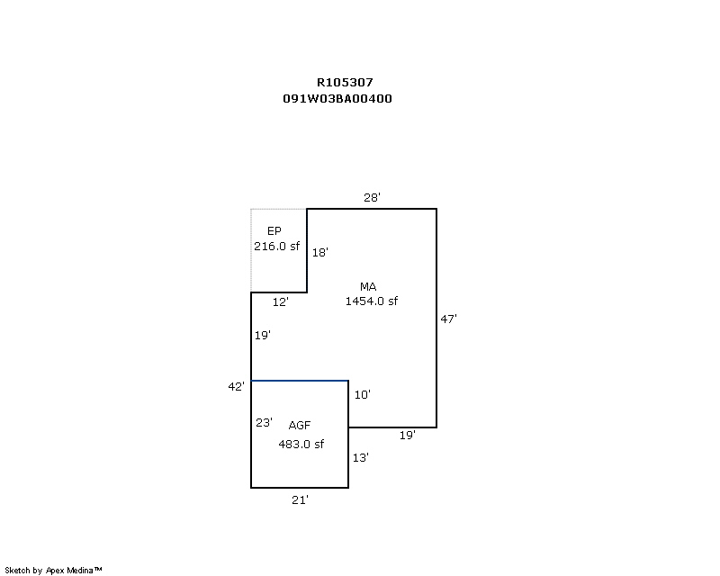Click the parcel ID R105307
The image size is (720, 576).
pos(345,82)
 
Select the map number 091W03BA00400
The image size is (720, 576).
pos(337,99)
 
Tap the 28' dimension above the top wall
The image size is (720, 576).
pos(373,197)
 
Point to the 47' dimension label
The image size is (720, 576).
pos(449,318)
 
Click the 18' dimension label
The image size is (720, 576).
pos(319,253)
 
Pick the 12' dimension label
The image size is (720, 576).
pos(281,302)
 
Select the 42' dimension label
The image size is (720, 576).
pos(236,386)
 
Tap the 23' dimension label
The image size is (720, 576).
pos(264,422)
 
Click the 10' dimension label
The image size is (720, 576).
pos(363,394)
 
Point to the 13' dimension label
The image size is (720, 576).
pos(360,457)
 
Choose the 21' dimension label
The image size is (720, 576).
pos(300,499)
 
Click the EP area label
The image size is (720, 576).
pos(274,231)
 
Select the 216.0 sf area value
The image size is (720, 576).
pos(276,246)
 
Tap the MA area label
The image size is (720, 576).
pos(367,287)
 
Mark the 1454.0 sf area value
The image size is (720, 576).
pos(372,301)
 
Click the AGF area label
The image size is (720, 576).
pos(300,425)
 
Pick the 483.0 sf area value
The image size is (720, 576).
pos(301,444)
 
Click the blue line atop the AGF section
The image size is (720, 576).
pos(300,381)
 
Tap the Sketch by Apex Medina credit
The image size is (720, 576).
pos(54,570)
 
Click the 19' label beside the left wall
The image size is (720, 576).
pos(263,335)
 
